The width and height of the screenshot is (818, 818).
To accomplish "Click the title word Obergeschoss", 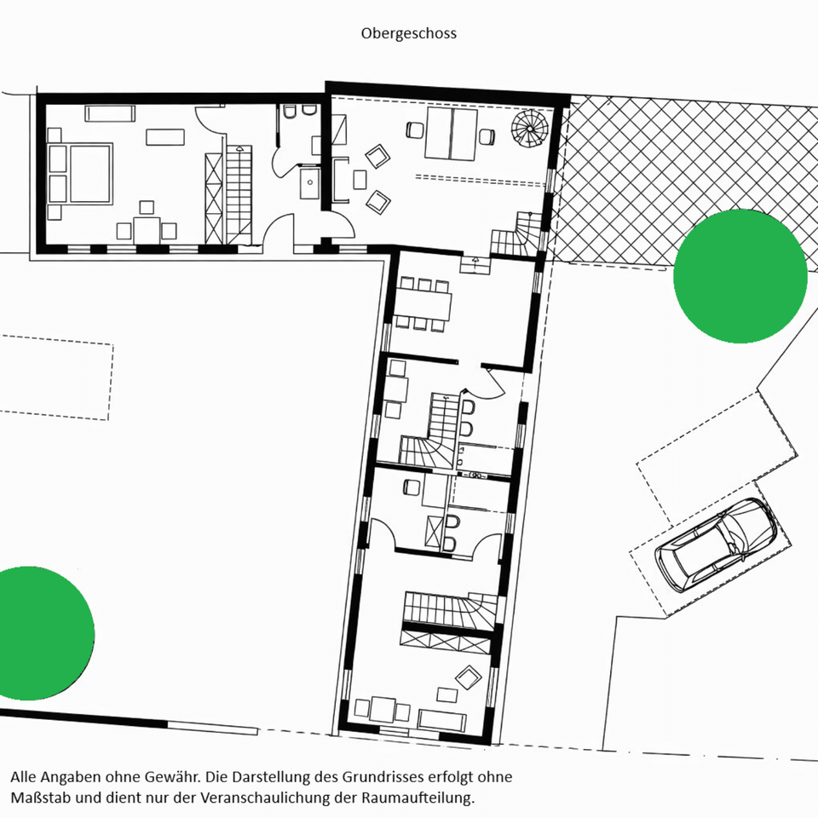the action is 408,33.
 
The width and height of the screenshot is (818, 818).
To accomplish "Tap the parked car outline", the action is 716,545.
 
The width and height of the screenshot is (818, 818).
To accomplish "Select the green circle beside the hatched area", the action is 740,276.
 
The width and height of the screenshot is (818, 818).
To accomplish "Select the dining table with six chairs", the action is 422,305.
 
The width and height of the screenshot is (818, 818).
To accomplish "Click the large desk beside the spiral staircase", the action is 451,134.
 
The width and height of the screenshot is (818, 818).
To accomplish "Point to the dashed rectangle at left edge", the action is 56,377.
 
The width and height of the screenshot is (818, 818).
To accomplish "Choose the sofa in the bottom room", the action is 441,720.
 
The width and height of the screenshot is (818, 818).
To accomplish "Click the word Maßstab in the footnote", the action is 37,798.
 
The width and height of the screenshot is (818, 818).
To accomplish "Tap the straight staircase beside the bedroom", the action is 239,195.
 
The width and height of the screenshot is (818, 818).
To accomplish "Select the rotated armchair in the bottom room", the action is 468,677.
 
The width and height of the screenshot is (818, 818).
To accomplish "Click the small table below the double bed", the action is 147,229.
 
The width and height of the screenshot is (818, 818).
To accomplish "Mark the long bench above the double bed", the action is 110,113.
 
